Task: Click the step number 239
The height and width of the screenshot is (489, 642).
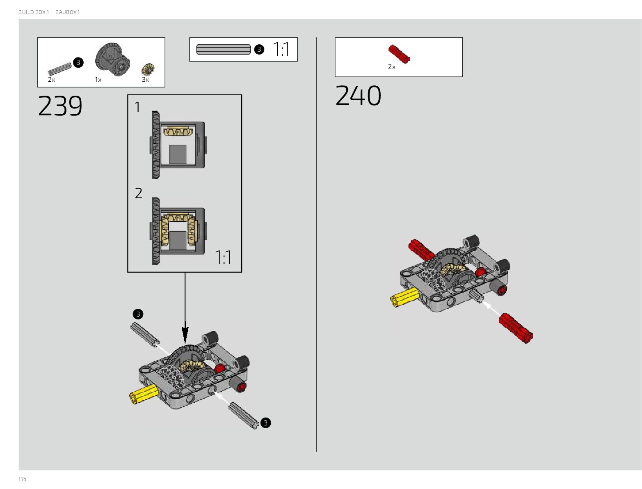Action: tap(60, 106)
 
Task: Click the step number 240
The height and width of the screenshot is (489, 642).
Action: tap(358, 96)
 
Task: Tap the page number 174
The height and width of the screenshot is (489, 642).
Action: tap(22, 479)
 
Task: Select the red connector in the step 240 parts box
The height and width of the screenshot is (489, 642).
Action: tap(399, 54)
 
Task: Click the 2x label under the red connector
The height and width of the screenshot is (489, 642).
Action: tap(392, 67)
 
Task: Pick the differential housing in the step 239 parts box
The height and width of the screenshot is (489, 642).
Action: tap(112, 59)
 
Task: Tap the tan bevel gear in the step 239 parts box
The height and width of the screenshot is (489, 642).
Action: tap(148, 69)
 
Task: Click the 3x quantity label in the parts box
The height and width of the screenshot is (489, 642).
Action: tap(145, 80)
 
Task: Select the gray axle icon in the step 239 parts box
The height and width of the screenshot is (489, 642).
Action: tap(59, 69)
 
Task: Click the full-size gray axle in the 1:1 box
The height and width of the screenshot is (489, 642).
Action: tap(223, 50)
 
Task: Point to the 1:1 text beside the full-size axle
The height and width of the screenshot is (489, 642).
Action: tap(281, 50)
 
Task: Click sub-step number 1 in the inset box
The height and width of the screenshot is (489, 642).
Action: tap(137, 108)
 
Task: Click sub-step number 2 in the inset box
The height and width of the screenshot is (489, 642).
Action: tap(139, 193)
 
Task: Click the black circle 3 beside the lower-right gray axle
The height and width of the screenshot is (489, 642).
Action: tap(265, 423)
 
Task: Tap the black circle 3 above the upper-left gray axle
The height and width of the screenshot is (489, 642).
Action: tap(138, 314)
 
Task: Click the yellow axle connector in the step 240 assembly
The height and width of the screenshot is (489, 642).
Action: tap(404, 297)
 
